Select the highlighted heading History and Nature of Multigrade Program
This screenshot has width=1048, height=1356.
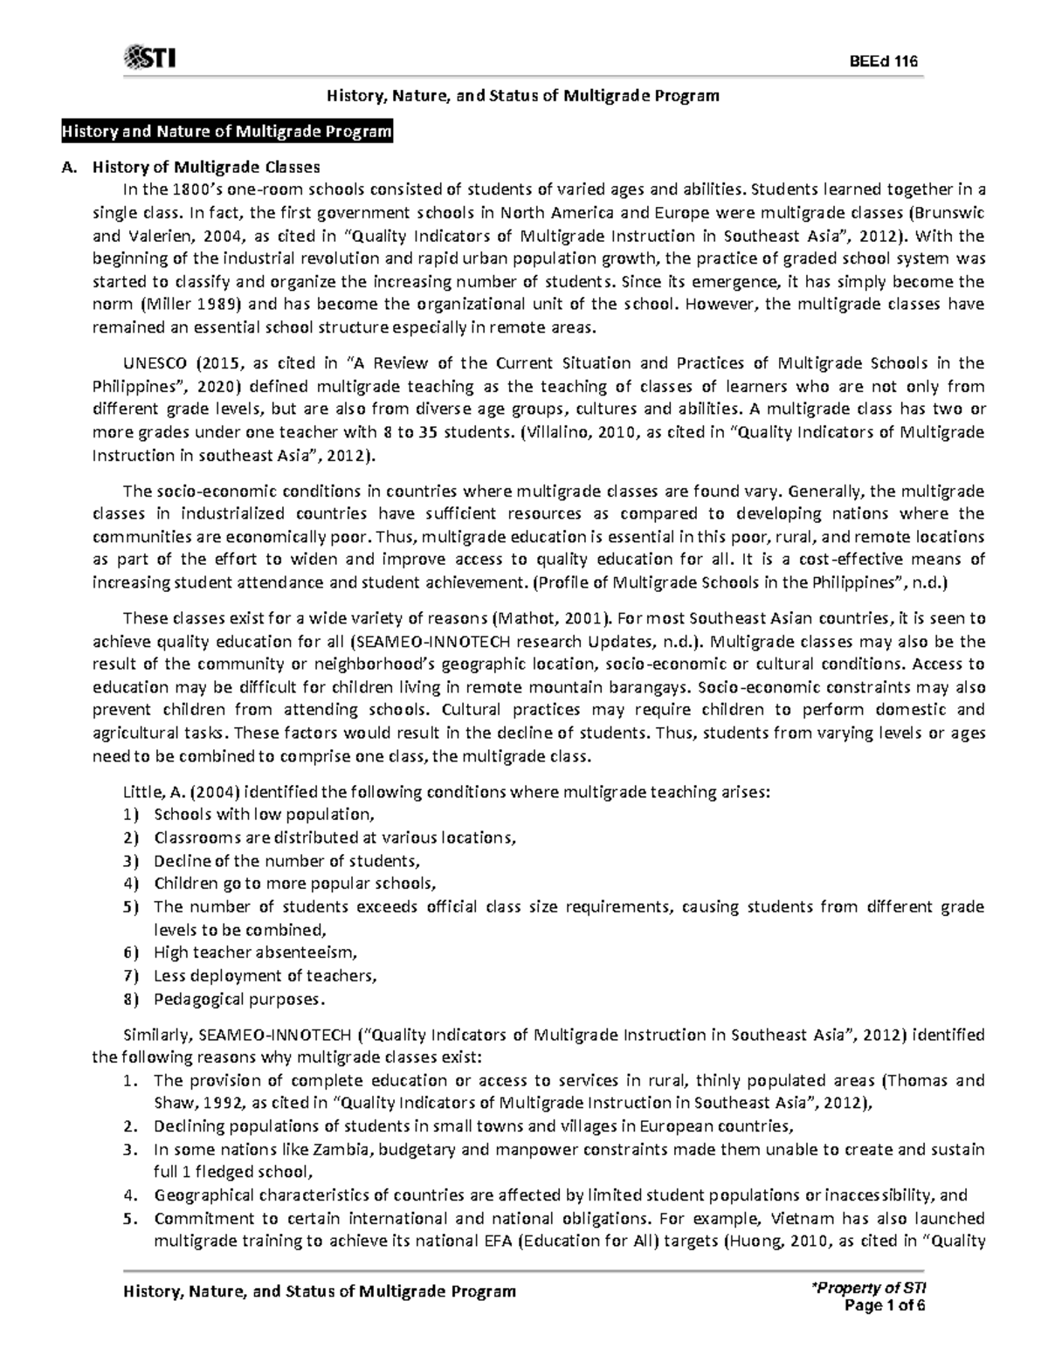pos(225,132)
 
